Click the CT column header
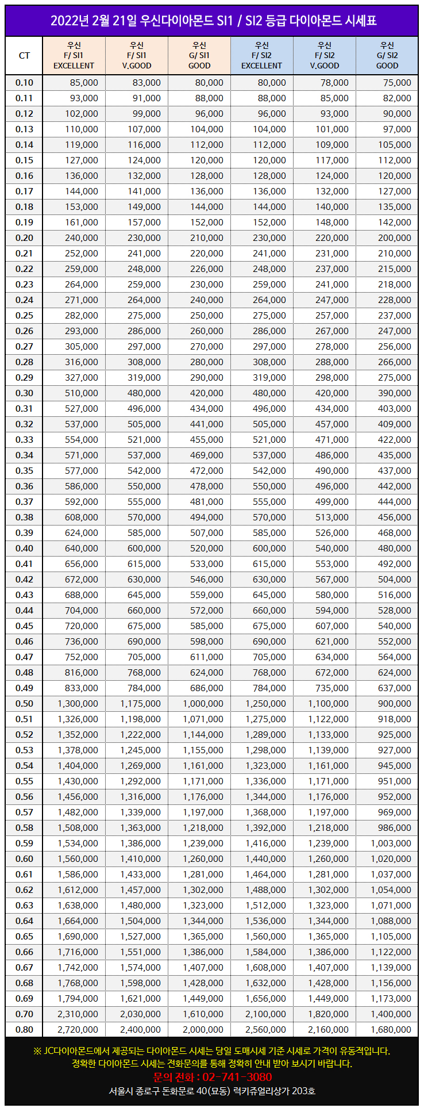click(x=24, y=56)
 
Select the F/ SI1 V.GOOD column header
click(x=137, y=56)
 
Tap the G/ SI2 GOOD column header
click(x=387, y=56)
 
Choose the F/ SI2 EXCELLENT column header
click(x=261, y=56)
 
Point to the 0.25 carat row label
click(x=24, y=316)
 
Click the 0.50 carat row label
click(x=24, y=704)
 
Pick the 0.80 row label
click(x=24, y=1030)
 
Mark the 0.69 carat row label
click(x=24, y=999)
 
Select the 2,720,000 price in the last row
click(x=78, y=1030)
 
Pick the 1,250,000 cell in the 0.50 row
click(x=265, y=704)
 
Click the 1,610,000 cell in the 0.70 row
click(x=203, y=1014)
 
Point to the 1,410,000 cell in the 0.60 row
click(x=140, y=859)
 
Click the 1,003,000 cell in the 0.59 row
click(x=391, y=843)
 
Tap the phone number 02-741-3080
click(x=212, y=1077)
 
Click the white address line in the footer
click(x=212, y=1091)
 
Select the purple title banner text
click(x=212, y=21)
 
